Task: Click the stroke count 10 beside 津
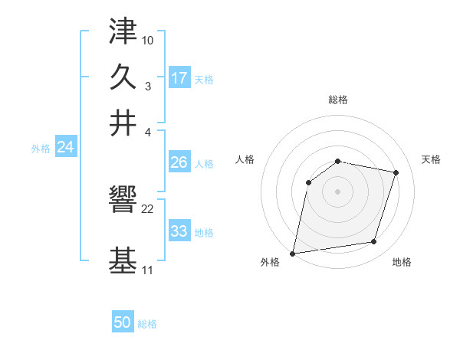[148, 39]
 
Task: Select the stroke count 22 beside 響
[148, 209]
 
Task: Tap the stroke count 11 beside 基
[147, 271]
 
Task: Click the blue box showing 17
[179, 77]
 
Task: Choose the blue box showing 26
[179, 162]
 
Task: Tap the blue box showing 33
[179, 231]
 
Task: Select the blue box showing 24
[65, 147]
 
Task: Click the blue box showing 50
[123, 322]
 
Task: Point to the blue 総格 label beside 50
[147, 324]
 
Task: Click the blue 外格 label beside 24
[41, 149]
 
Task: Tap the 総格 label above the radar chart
[337, 100]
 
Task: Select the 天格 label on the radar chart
[431, 159]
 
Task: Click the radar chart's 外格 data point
[293, 253]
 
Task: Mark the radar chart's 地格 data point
[374, 242]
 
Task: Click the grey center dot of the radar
[337, 191]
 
